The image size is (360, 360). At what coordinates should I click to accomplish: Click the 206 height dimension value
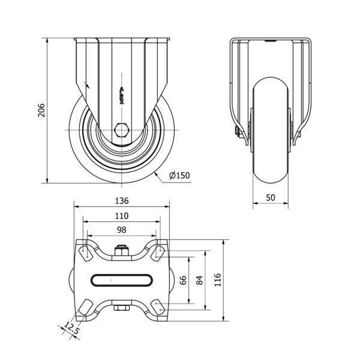tap(41, 110)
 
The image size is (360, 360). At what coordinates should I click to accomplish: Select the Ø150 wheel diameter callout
tap(179, 175)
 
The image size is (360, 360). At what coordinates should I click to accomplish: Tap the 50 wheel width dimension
tap(271, 197)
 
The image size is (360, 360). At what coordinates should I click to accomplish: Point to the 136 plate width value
tap(122, 201)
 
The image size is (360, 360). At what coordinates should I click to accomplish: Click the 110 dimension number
tap(122, 216)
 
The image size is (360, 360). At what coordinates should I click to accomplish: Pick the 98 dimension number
tap(122, 230)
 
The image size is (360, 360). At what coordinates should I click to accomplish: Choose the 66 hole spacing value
tap(183, 280)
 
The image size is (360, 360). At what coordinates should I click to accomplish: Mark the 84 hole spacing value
tap(200, 280)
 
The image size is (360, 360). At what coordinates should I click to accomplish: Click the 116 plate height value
tap(217, 280)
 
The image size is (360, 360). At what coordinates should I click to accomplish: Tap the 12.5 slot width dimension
tap(71, 328)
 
